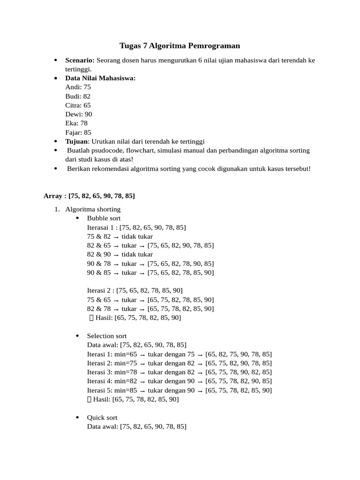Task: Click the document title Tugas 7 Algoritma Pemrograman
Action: click(180, 45)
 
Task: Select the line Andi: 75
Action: click(78, 87)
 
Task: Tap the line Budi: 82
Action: click(78, 96)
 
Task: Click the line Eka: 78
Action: click(77, 123)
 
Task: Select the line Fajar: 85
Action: click(79, 133)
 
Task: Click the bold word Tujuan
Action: click(76, 142)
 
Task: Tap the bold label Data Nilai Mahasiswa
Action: click(100, 78)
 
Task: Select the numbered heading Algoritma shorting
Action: click(93, 209)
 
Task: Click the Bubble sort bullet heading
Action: click(104, 218)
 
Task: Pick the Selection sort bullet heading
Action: click(107, 336)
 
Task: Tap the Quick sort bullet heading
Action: click(102, 417)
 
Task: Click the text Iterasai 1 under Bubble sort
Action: click(102, 227)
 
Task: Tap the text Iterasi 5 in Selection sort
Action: click(101, 390)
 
